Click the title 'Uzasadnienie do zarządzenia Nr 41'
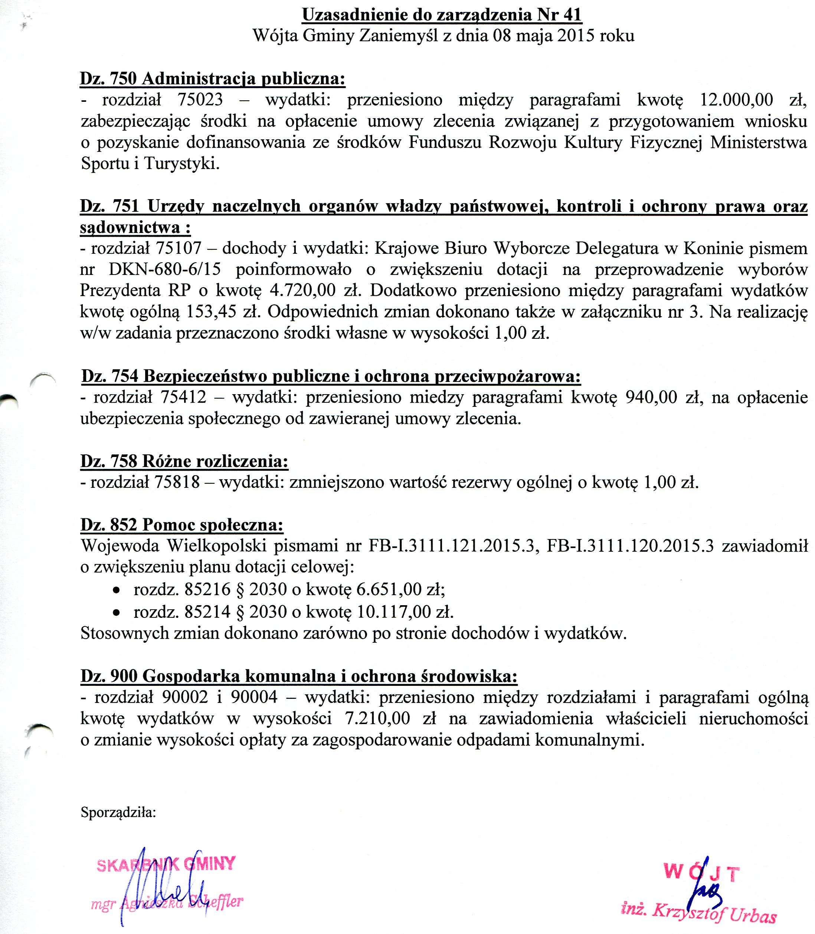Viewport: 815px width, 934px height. click(x=442, y=14)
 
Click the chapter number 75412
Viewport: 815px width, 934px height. click(x=183, y=398)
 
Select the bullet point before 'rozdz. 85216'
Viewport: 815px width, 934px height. click(x=117, y=591)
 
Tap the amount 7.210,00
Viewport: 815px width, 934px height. click(x=377, y=719)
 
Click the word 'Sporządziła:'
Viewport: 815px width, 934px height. click(x=118, y=812)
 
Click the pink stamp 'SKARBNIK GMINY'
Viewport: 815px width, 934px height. click(x=166, y=864)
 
